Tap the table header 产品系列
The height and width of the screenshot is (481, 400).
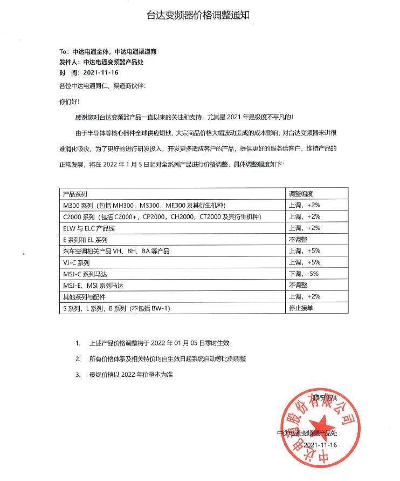coord(75,193)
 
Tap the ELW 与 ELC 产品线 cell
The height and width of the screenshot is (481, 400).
coord(89,228)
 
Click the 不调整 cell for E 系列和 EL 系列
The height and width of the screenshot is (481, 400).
coord(298,239)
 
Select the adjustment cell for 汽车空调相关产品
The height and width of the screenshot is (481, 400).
coord(305,251)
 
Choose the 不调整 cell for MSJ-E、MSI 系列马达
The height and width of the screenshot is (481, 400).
coord(298,285)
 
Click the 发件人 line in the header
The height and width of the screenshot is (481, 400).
coord(101,62)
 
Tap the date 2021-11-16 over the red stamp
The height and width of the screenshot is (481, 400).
coord(320,445)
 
